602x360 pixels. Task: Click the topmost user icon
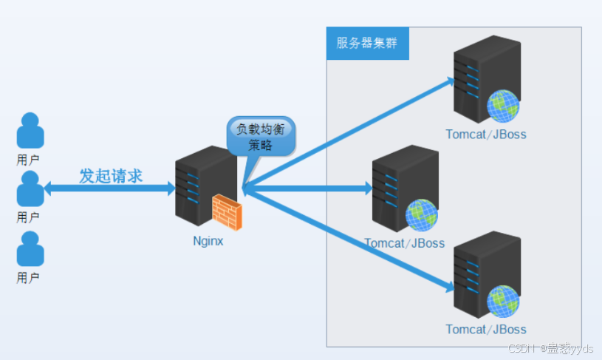(30, 131)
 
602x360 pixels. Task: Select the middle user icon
(30, 189)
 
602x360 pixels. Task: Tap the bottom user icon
(30, 249)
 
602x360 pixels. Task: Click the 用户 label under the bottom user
(28, 278)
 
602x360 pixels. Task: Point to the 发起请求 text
(111, 176)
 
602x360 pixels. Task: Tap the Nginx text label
(208, 240)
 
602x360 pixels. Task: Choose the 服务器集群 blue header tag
(367, 43)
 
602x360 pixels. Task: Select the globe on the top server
(503, 105)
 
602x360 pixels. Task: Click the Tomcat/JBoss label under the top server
(486, 135)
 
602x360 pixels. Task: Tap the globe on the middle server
(422, 214)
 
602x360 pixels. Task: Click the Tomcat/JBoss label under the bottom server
(486, 330)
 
